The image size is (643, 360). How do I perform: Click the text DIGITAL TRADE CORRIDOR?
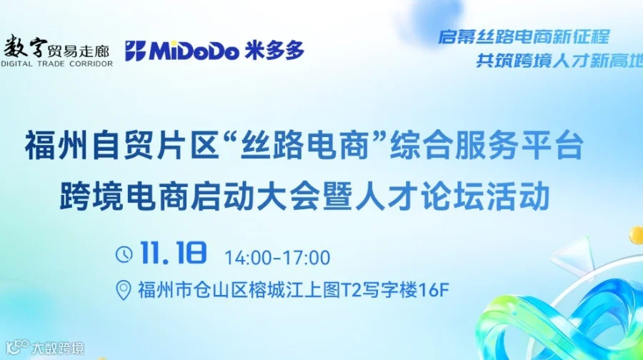(56, 64)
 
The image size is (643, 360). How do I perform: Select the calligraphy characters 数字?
(25, 47)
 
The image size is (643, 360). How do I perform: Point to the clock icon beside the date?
(124, 254)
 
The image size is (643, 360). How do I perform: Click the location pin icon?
(124, 290)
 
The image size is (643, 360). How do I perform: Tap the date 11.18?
(174, 254)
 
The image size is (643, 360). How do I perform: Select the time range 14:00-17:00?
(277, 257)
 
